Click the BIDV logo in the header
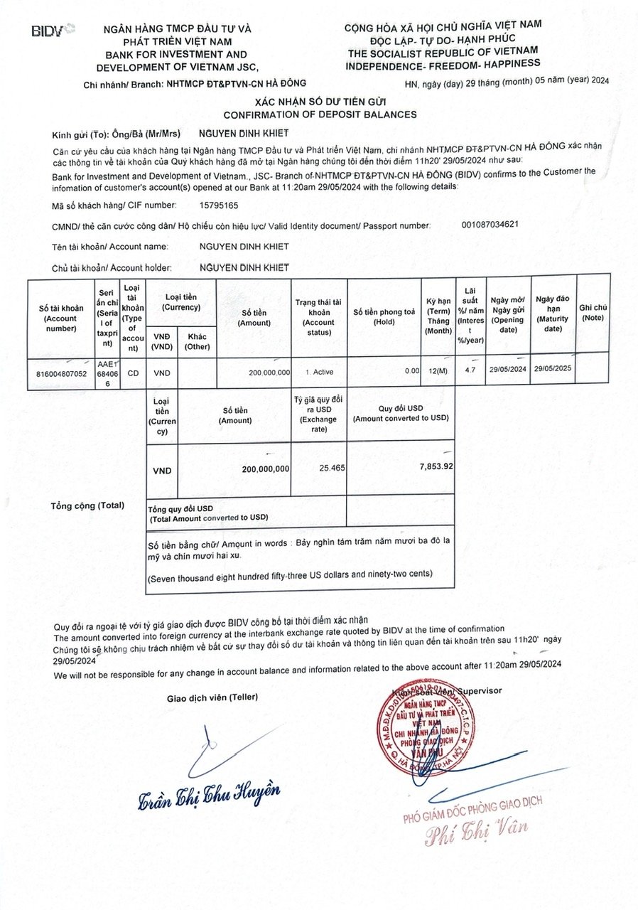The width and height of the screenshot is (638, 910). coord(53,30)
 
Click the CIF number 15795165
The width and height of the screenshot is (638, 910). coord(220,205)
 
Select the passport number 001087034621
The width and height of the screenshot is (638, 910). coord(490,225)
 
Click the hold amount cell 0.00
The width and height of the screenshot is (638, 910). coord(411,371)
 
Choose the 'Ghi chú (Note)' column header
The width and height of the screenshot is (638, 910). coord(593,312)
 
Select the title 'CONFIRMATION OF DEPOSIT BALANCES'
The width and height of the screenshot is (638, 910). coord(320,114)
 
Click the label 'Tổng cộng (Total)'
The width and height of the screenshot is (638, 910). coord(87,505)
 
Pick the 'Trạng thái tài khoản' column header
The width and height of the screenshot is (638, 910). coord(318,312)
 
